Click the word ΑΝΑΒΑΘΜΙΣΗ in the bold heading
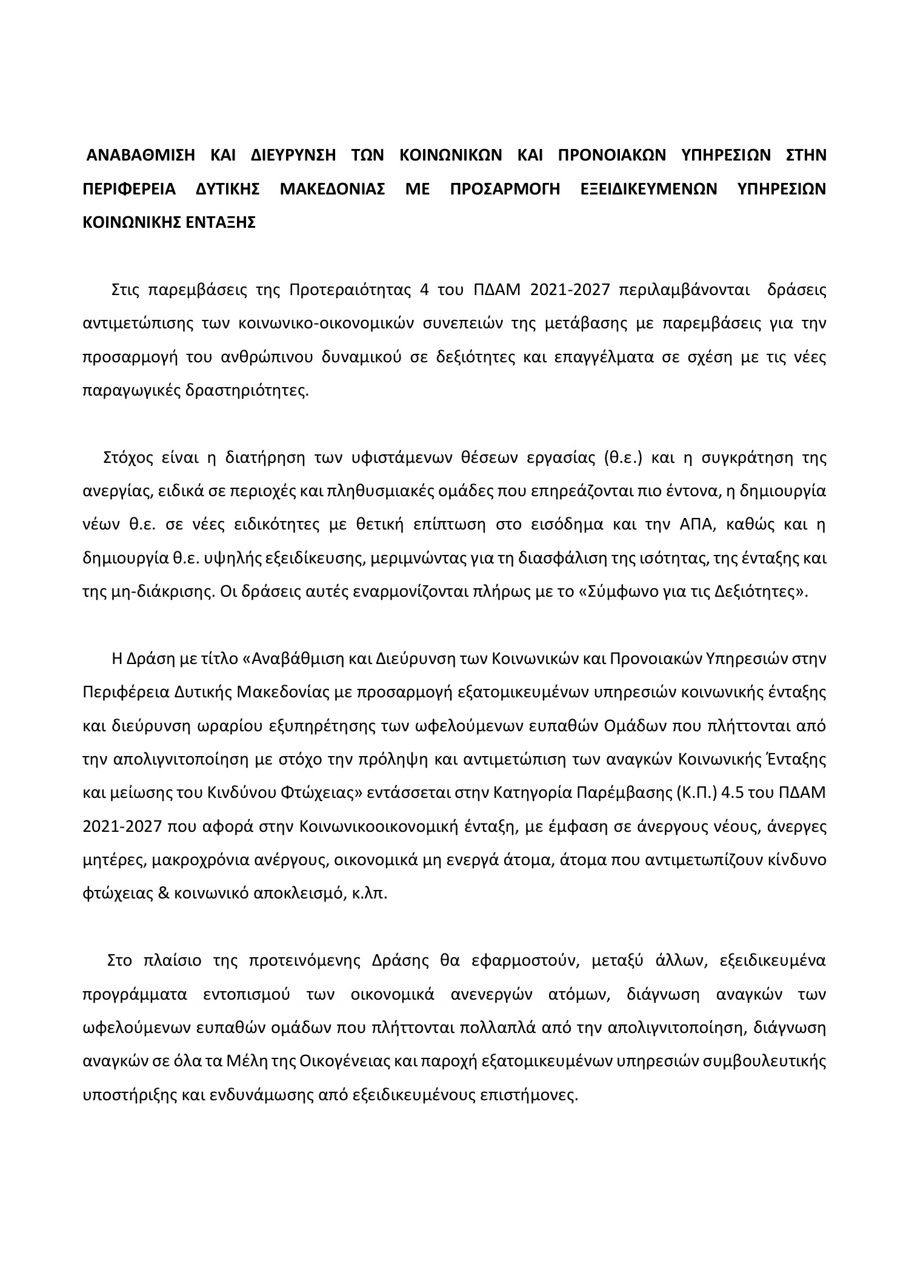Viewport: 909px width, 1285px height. pyautogui.click(x=140, y=155)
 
